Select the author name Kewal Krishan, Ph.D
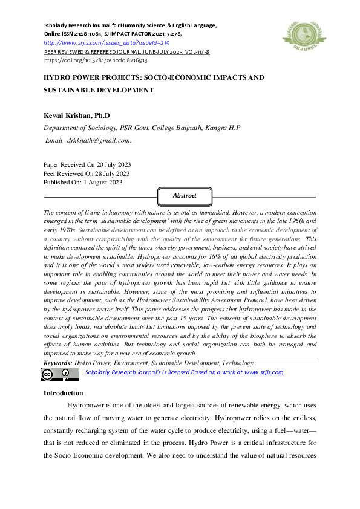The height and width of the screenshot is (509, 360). click(x=76, y=115)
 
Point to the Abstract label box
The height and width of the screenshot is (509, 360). click(x=185, y=196)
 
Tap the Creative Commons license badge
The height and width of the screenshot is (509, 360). click(x=60, y=374)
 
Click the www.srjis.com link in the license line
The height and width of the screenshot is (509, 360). click(x=264, y=372)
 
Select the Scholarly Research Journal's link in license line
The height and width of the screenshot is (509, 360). click(x=123, y=372)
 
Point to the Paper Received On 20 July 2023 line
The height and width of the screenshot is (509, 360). click(x=88, y=164)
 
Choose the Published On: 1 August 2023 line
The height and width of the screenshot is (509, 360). click(x=83, y=182)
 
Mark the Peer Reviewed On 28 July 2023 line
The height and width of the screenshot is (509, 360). click(x=87, y=173)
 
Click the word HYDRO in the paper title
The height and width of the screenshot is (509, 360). click(x=57, y=79)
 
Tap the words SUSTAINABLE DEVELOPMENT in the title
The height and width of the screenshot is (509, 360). click(x=97, y=90)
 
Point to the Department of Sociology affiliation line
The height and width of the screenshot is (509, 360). click(x=142, y=128)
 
